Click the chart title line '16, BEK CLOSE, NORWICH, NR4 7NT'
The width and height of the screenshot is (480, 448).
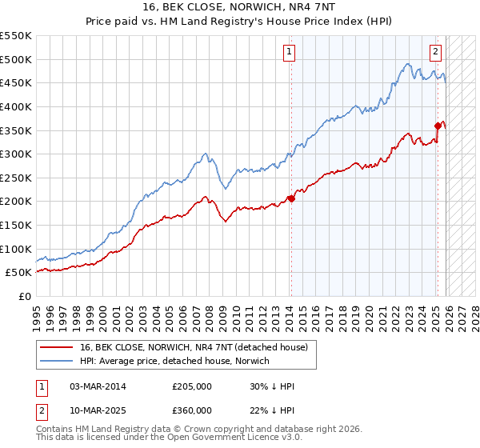[239, 8]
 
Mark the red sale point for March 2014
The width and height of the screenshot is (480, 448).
[291, 199]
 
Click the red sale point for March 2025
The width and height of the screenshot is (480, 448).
[438, 126]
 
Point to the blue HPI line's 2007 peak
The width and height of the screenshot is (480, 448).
[206, 154]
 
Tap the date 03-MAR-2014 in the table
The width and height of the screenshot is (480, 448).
[98, 387]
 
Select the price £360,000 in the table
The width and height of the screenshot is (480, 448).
[192, 410]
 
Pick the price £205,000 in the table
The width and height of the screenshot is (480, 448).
[192, 387]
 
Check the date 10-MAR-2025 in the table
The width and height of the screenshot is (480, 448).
[98, 410]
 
